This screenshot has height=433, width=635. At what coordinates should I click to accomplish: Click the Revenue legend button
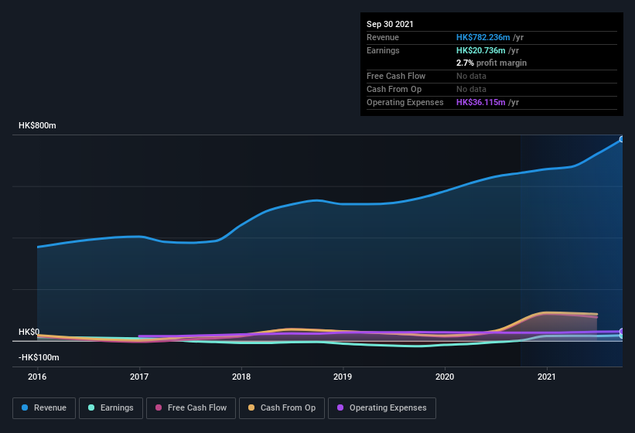[44, 407]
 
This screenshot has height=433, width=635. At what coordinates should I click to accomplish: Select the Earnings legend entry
[111, 407]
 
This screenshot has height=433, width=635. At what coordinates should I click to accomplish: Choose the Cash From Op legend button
[281, 407]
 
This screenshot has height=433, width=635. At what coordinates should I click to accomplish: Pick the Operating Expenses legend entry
[381, 407]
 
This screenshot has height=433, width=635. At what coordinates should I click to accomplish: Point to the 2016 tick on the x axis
[37, 377]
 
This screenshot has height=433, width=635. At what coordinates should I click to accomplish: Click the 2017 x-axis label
[139, 377]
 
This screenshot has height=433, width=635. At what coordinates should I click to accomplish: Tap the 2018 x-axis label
[241, 377]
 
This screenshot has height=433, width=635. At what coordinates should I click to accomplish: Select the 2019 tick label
[343, 377]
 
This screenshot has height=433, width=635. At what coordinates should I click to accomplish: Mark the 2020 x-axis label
[445, 377]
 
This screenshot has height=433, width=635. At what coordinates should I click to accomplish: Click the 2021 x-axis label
[547, 377]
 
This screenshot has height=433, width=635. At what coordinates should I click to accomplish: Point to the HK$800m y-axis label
[37, 125]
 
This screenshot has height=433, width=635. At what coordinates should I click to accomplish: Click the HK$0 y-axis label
[29, 332]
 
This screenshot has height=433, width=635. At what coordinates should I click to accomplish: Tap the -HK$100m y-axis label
[39, 357]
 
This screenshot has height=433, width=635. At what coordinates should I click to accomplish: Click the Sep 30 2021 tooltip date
[390, 24]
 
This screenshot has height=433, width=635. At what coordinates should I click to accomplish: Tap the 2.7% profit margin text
[491, 63]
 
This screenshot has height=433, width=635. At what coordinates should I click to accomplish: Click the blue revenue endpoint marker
[621, 139]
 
